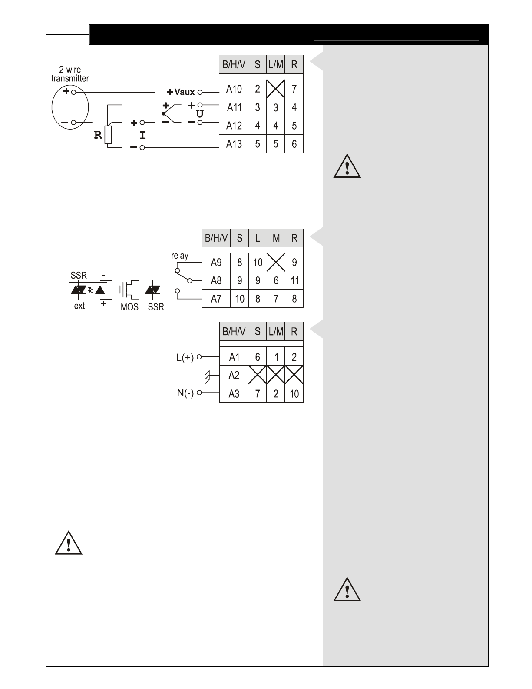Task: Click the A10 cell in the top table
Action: point(234,89)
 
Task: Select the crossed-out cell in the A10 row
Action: point(275,89)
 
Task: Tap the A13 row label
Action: point(234,144)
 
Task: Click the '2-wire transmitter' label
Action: point(70,74)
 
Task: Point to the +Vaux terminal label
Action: point(181,92)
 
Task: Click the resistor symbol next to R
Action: point(108,135)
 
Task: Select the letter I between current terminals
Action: point(142,135)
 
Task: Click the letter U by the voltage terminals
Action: point(199,114)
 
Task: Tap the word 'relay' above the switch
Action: point(179,256)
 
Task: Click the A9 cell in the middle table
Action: point(216,263)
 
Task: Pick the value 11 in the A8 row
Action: point(294,281)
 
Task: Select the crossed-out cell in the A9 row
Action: point(276,262)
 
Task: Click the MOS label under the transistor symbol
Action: point(129,307)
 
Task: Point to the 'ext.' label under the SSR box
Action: point(80,306)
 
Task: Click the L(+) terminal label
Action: point(185,358)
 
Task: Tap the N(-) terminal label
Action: point(185,393)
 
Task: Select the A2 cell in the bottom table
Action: point(234,376)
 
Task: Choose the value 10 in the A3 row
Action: point(294,394)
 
